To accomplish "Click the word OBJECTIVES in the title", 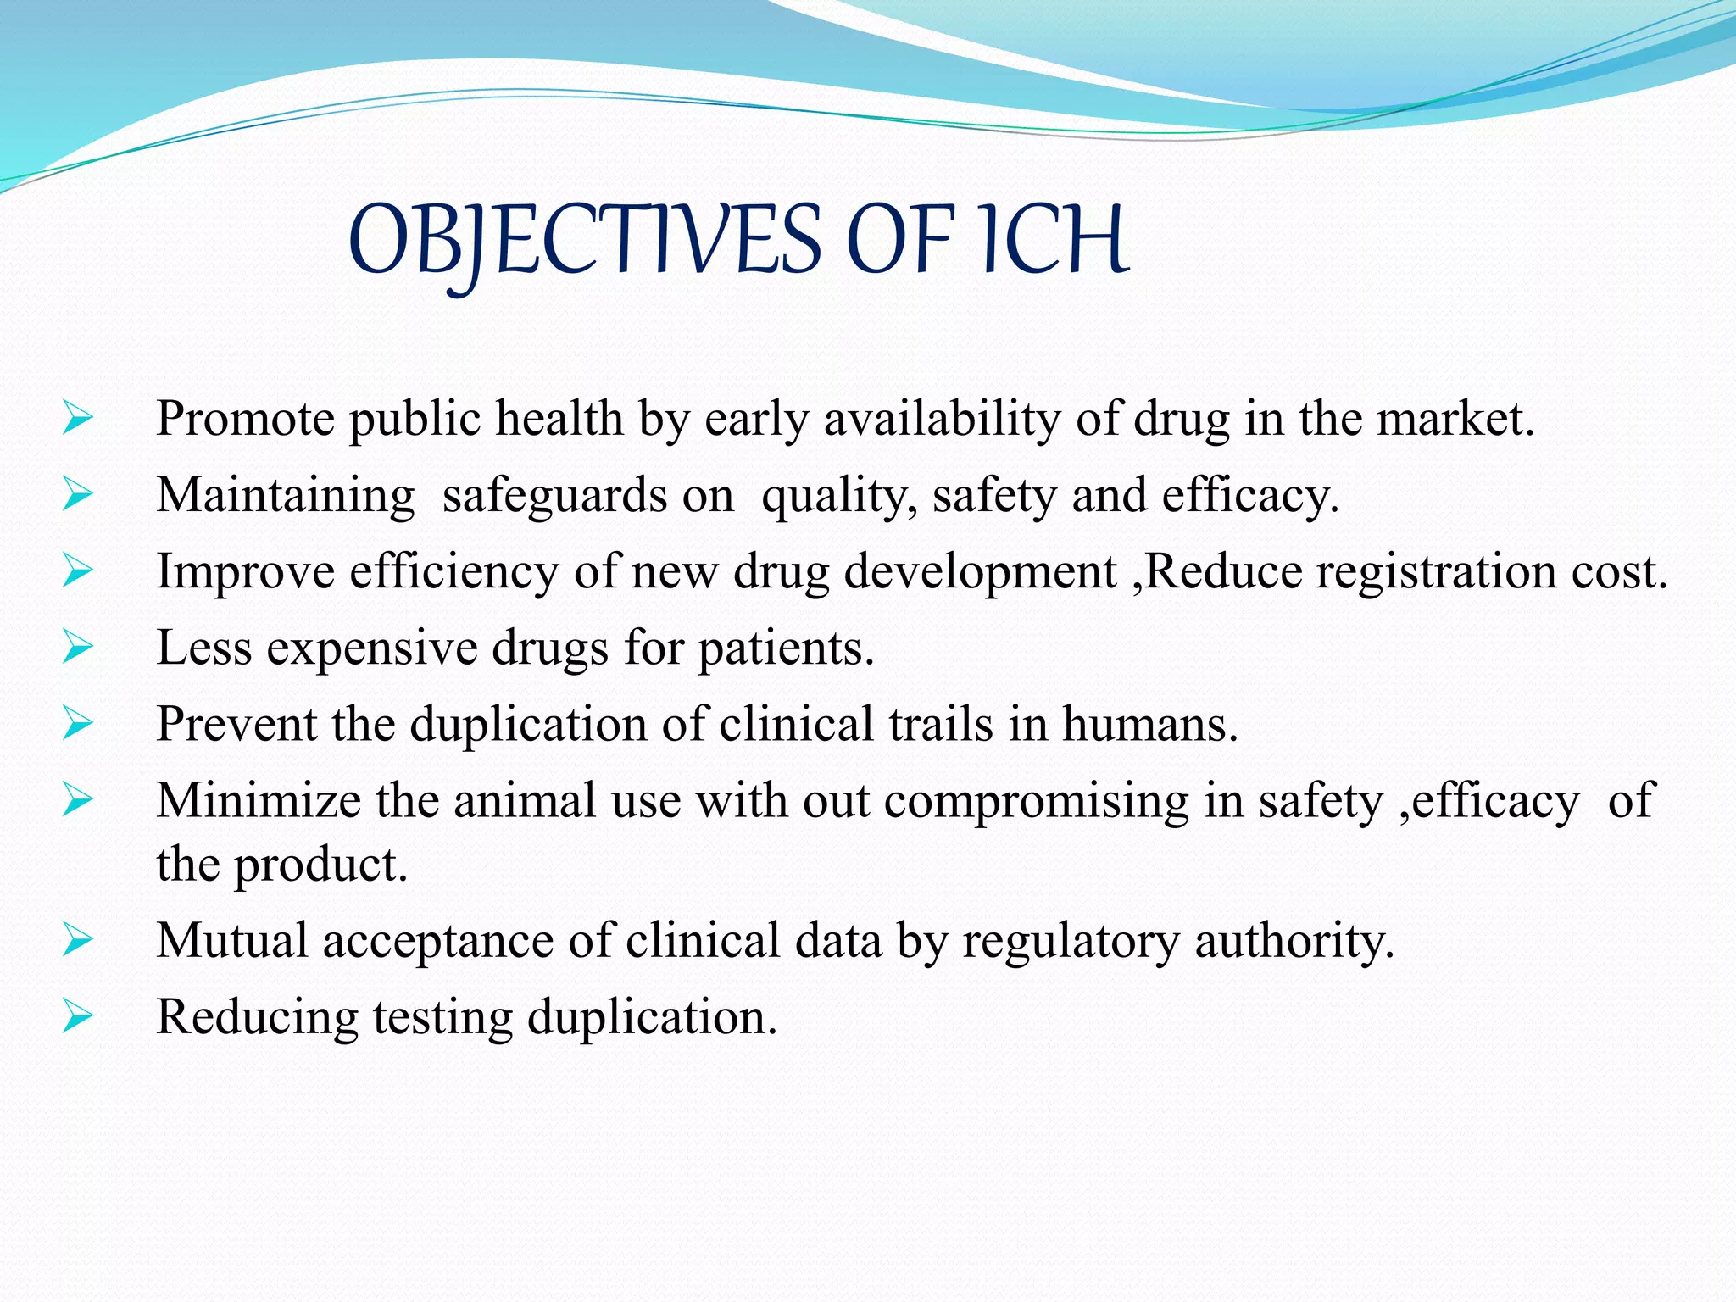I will pos(584,241).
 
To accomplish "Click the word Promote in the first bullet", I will pos(246,419).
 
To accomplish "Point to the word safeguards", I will pos(554,495).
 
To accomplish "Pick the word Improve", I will pos(246,572).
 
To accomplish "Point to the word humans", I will pos(1149,725).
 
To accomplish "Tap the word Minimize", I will pos(259,800).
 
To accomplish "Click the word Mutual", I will pos(231,941).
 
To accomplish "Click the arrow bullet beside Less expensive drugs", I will pos(77,648).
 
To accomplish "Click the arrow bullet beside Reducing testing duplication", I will pos(77,1017).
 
